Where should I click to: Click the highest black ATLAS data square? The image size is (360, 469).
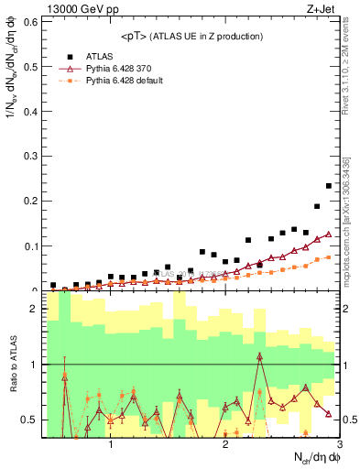[329, 186]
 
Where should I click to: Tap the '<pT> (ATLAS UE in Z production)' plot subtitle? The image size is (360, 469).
[191, 36]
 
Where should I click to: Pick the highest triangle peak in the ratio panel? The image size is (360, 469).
[260, 355]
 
